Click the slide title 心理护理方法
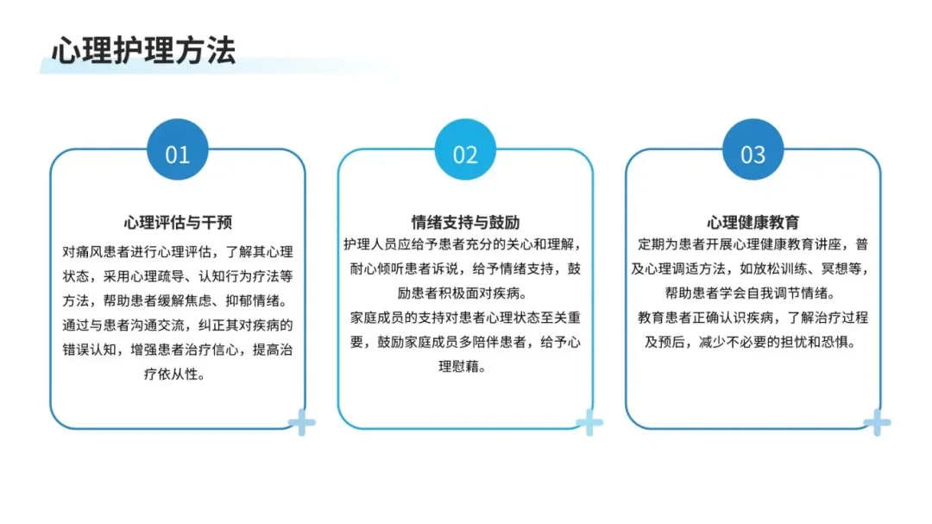click(143, 50)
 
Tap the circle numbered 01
click(177, 154)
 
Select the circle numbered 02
click(465, 154)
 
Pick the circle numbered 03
click(753, 154)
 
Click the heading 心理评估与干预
click(177, 222)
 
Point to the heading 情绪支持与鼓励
click(465, 222)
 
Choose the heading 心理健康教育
click(753, 222)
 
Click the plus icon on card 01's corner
click(302, 423)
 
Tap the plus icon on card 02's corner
click(589, 423)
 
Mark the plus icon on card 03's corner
click(877, 423)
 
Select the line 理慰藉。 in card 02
click(465, 366)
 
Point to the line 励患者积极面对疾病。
click(465, 293)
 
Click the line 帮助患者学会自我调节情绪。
click(753, 293)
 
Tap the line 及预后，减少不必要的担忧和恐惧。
click(753, 341)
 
